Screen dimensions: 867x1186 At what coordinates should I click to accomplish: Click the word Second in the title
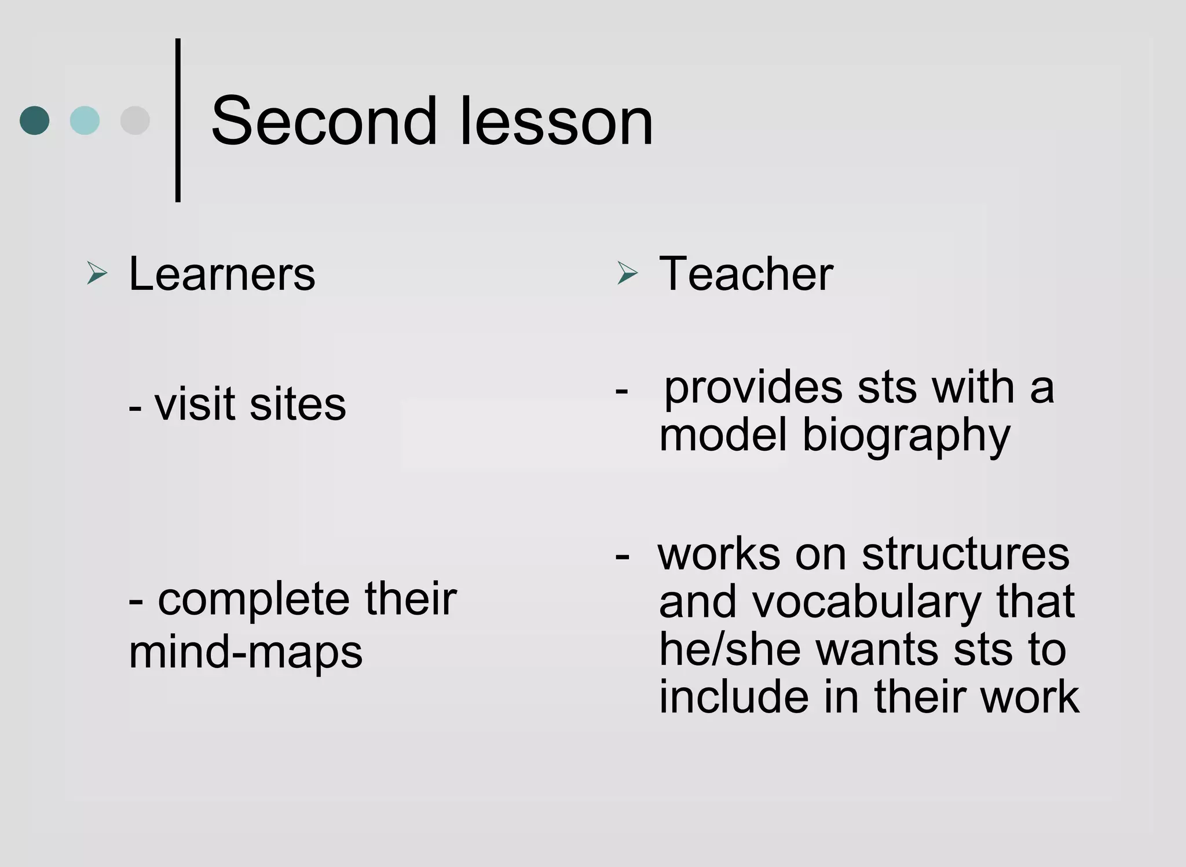coord(324,122)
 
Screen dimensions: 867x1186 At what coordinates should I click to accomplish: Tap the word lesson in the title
coord(557,122)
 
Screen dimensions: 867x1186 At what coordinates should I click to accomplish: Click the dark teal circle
coord(35,120)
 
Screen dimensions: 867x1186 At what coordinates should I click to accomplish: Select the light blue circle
coord(85,120)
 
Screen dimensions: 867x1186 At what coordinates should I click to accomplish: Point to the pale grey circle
coord(135,120)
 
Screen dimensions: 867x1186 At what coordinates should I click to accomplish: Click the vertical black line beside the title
coord(178,120)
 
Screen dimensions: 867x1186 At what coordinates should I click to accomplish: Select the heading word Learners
coord(222,274)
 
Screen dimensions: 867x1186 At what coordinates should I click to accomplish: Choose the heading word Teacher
coord(746,274)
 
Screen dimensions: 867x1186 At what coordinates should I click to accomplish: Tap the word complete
coord(254,600)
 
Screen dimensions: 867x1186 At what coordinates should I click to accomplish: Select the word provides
coord(753,388)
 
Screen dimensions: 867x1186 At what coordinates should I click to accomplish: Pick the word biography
coord(906,436)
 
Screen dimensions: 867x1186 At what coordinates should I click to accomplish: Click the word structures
coord(965,554)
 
